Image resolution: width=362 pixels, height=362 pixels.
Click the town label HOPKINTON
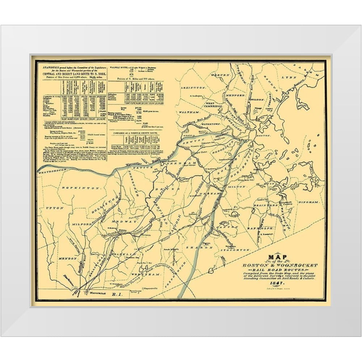click(x=75, y=188)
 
